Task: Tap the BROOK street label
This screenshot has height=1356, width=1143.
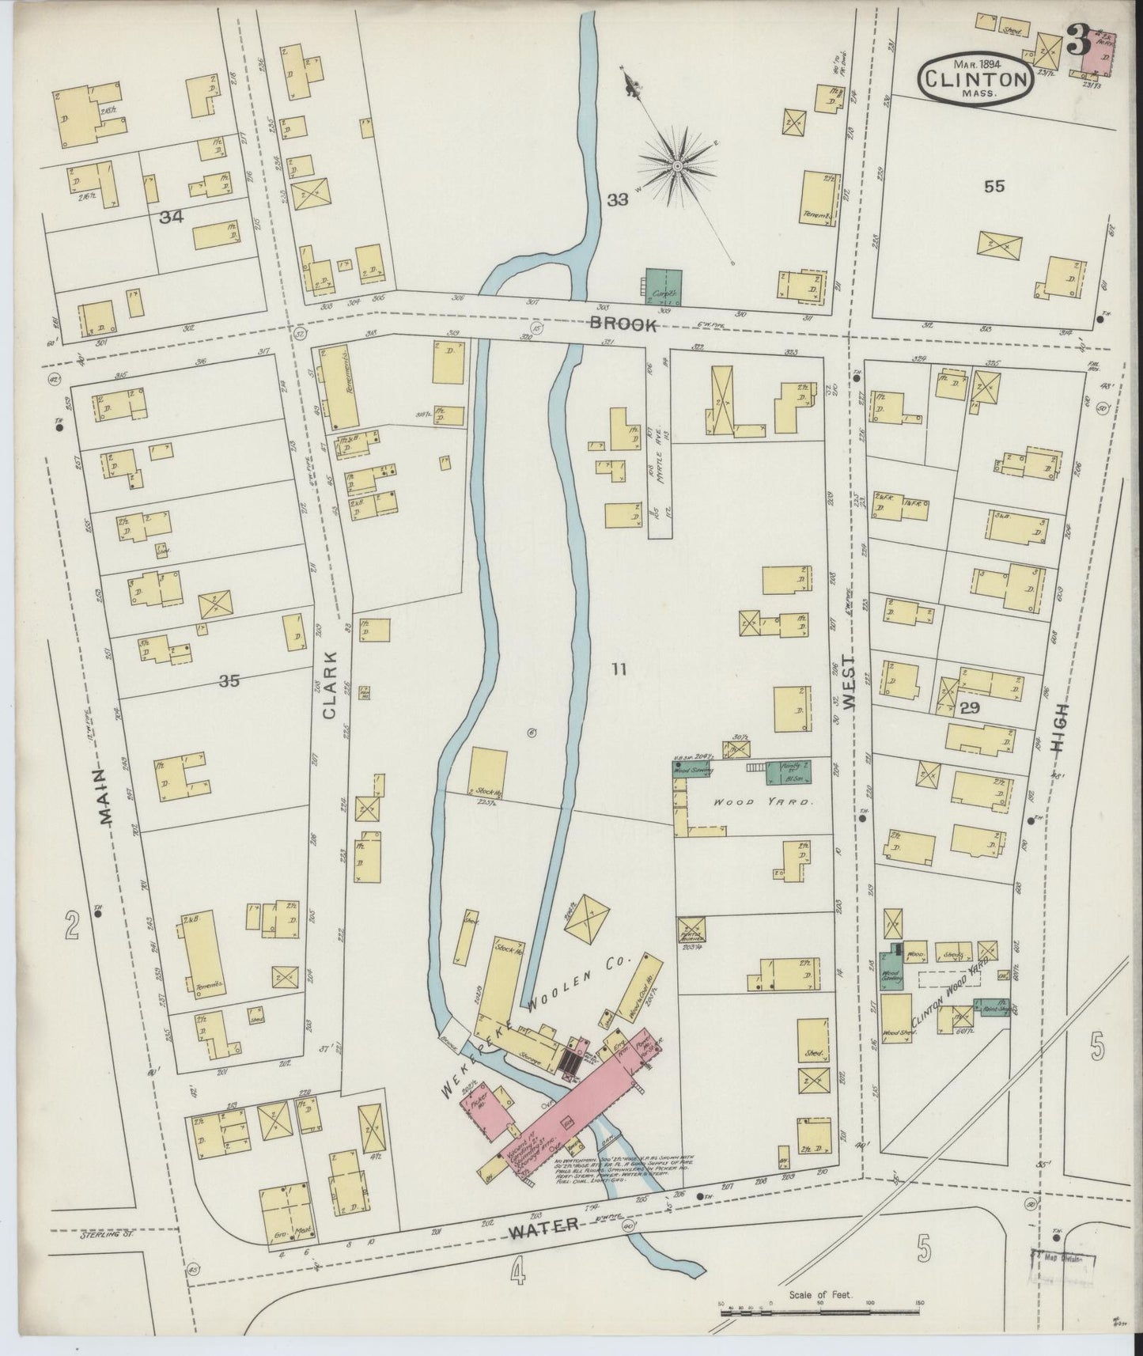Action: [623, 324]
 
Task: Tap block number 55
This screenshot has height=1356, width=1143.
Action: [994, 187]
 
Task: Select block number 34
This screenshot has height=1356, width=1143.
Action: [171, 216]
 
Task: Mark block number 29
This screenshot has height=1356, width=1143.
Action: [971, 709]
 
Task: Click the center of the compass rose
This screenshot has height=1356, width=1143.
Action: [678, 165]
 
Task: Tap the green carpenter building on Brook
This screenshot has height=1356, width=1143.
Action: [664, 285]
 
